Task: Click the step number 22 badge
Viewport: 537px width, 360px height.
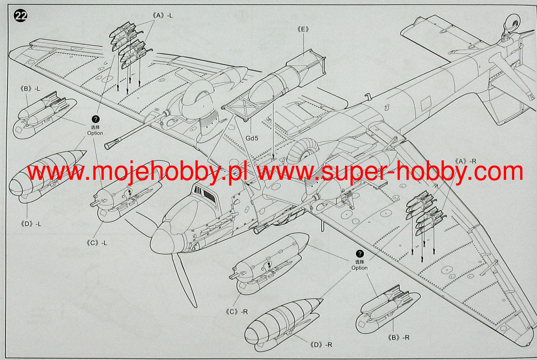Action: pos(21,16)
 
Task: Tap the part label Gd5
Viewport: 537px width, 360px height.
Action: pos(252,138)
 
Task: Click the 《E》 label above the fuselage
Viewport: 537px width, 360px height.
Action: pos(303,29)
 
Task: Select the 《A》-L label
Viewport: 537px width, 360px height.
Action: pos(162,16)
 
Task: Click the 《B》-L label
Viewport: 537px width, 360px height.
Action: pos(30,88)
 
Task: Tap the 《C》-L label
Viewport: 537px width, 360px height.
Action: pos(97,243)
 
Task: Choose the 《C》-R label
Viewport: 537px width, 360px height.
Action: pos(237,312)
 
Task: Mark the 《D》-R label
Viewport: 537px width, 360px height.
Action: pos(321,344)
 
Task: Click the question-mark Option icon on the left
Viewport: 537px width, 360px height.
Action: pos(95,119)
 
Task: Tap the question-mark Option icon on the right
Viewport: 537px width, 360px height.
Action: pos(360,254)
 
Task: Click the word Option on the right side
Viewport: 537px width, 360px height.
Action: pos(360,268)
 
